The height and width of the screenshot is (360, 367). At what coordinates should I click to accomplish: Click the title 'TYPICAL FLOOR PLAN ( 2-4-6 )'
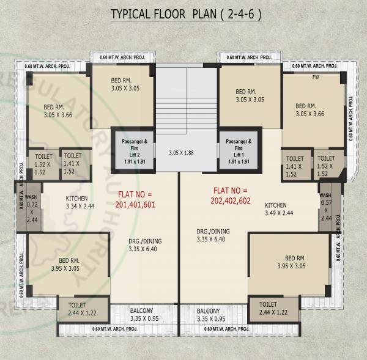185,15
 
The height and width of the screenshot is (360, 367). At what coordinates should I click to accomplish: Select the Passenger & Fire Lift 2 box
133,150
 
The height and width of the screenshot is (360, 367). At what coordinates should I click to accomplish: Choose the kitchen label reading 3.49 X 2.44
280,209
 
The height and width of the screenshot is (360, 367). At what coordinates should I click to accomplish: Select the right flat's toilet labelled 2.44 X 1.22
268,308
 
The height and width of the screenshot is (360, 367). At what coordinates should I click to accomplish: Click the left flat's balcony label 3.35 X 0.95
145,315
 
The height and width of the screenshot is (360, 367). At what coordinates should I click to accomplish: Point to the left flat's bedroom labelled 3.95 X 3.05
65,264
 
